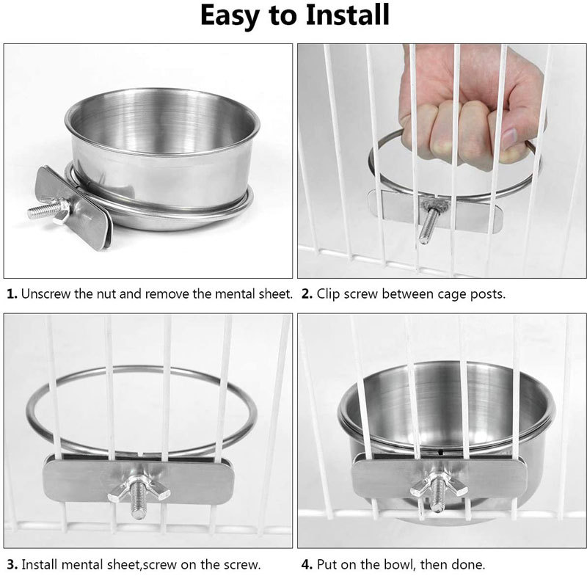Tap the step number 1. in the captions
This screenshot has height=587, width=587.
pyautogui.click(x=12, y=294)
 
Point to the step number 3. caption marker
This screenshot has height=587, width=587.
pyautogui.click(x=12, y=565)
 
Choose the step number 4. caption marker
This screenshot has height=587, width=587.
pyautogui.click(x=306, y=565)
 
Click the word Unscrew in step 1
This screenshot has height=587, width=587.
pyautogui.click(x=45, y=294)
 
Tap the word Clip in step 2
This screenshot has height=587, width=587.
pyautogui.click(x=330, y=294)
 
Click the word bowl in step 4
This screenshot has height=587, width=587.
pyautogui.click(x=395, y=565)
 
